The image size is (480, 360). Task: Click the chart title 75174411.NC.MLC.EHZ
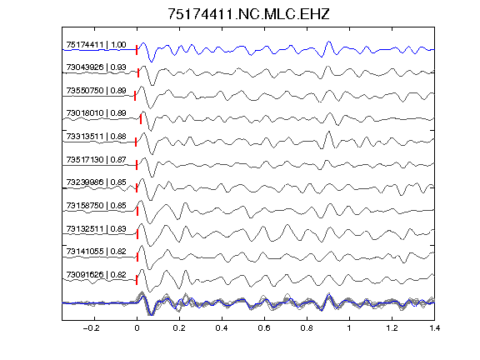(248, 14)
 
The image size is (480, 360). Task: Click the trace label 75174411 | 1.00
(96, 45)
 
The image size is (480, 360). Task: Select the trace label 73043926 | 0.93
(96, 67)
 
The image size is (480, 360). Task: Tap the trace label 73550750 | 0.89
(96, 91)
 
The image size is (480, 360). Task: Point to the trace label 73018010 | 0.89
(96, 113)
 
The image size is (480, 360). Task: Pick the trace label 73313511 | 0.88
(96, 136)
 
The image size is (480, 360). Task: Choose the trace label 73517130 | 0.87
(96, 159)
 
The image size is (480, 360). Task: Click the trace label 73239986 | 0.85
(96, 182)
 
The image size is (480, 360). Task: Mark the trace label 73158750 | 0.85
(96, 205)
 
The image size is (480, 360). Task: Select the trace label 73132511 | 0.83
(96, 229)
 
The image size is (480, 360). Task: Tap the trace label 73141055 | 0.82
(96, 252)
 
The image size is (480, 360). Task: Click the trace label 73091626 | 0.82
(96, 275)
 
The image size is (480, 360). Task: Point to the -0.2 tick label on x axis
(91, 328)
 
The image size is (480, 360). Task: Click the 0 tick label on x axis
(137, 328)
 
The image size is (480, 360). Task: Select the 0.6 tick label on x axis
(264, 328)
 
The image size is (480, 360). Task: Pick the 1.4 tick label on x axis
(434, 328)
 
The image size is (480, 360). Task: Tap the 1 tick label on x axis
(349, 328)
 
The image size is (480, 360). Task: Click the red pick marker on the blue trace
(137, 50)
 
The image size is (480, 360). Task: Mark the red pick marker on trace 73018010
(141, 119)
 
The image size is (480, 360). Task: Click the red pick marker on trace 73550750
(135, 96)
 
